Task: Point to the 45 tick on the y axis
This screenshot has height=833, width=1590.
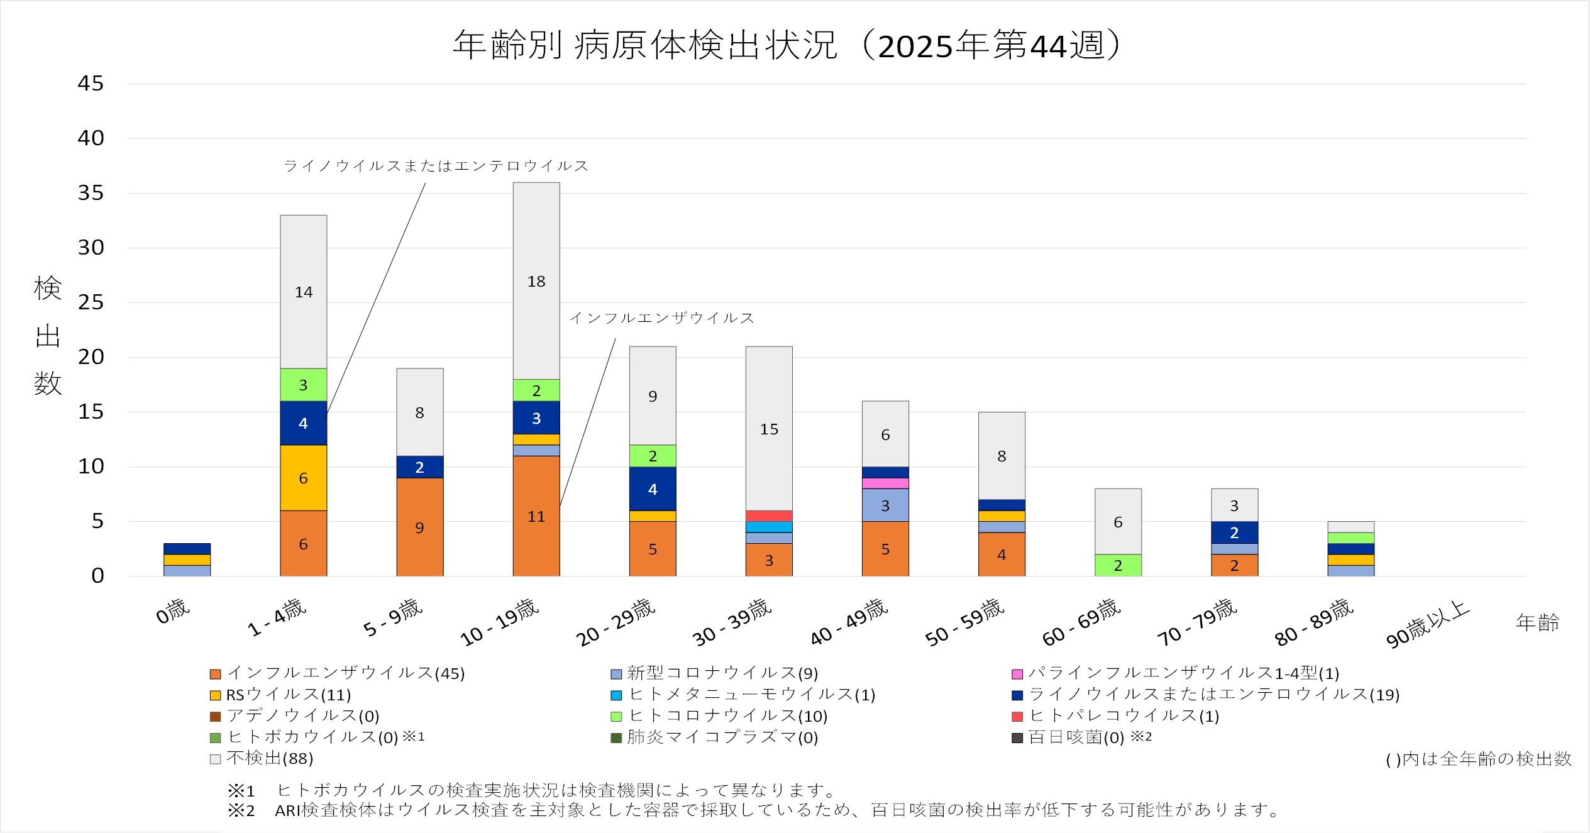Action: (x=91, y=84)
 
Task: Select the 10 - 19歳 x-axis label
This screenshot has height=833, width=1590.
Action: (x=500, y=622)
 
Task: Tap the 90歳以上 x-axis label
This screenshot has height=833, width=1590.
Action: (x=1427, y=624)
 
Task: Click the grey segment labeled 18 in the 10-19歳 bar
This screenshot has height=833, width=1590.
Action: (x=536, y=281)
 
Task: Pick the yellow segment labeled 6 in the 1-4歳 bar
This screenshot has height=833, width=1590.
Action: (x=303, y=478)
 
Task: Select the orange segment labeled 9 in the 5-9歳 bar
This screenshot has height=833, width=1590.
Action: (x=419, y=527)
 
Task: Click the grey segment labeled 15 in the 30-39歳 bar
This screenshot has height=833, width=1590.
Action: (x=769, y=429)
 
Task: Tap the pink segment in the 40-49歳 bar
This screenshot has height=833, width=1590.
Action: (x=885, y=483)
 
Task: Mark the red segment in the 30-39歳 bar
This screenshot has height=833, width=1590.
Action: (x=769, y=516)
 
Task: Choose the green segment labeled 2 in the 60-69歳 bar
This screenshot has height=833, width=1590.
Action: (x=1118, y=565)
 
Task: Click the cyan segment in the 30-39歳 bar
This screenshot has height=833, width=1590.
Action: (x=769, y=527)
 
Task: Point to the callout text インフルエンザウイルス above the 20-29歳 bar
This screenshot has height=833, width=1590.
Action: (x=661, y=318)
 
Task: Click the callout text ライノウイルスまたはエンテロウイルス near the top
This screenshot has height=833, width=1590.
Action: (x=436, y=166)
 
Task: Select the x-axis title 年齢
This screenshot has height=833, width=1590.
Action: (x=1537, y=622)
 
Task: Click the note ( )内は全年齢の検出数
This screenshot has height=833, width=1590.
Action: (x=1478, y=759)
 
